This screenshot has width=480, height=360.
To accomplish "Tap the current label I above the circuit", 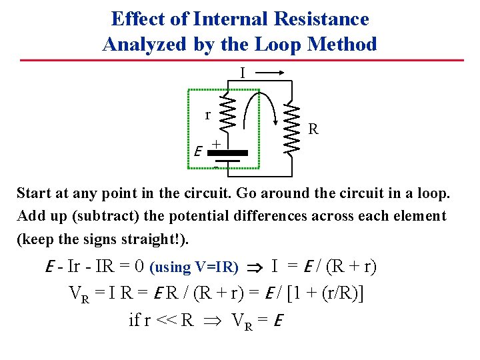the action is point(243,72).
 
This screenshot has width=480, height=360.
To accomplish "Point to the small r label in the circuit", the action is point(207,115).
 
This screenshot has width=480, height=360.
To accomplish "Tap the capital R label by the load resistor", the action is point(313,129).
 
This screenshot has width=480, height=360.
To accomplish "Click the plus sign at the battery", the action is point(216,143).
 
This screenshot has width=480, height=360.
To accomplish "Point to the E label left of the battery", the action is point(198,152).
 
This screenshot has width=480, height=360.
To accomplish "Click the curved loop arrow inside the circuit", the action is point(261,107).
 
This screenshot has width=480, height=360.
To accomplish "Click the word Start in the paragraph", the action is point(34,194).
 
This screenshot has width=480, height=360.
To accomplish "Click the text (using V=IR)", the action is point(194,267).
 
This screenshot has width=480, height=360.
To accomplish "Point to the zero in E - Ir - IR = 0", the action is point(139,267).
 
